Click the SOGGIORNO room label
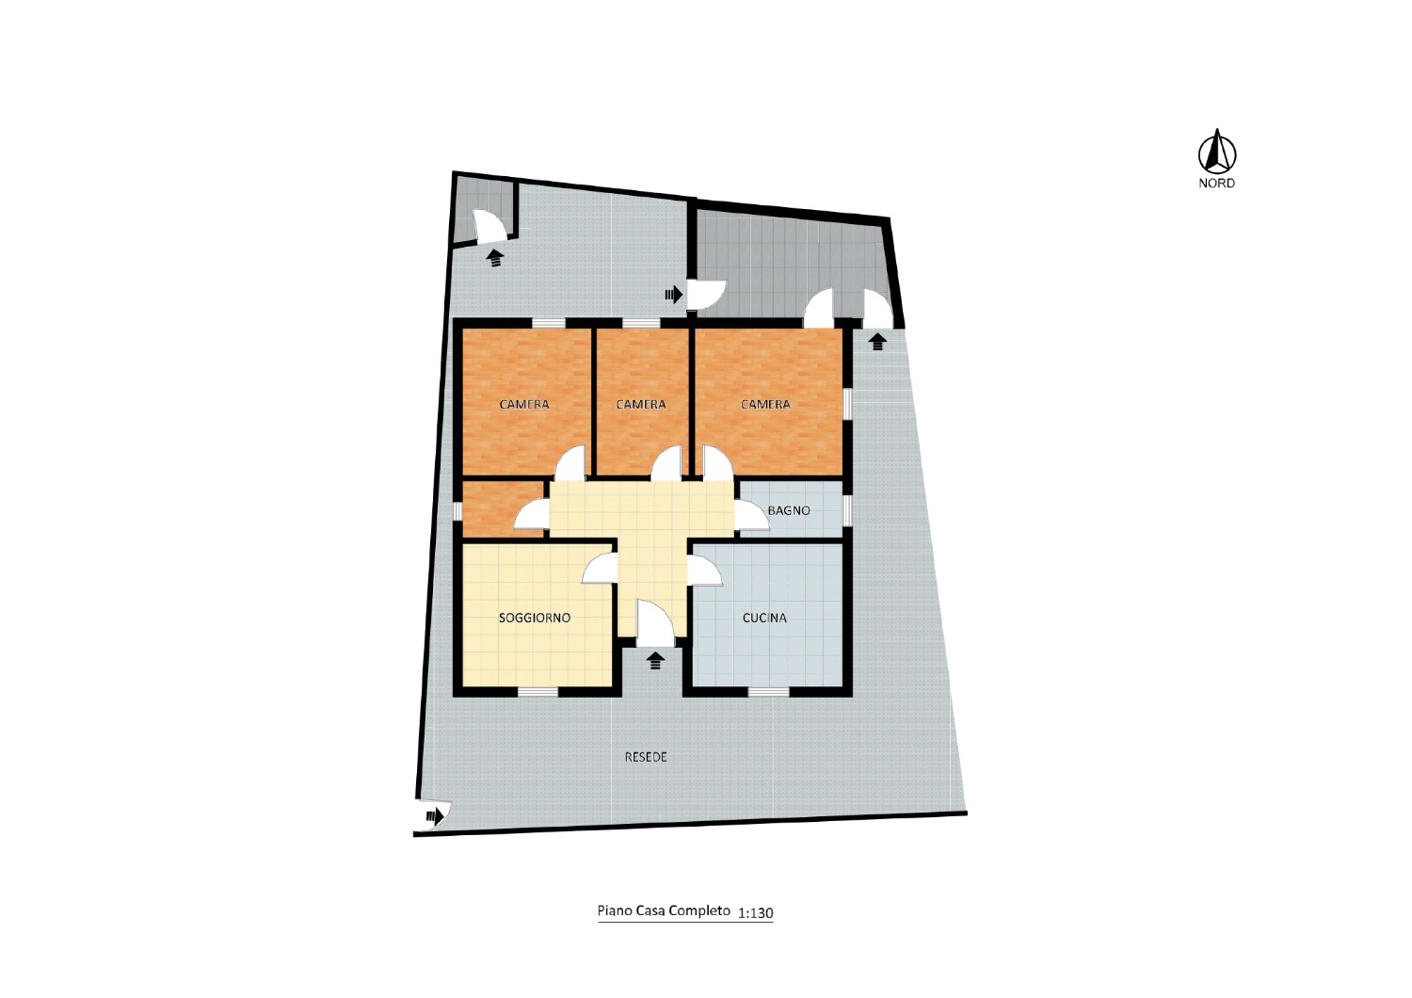[x=535, y=618]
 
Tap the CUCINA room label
[x=764, y=618]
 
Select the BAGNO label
[x=789, y=510]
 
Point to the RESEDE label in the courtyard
[x=646, y=757]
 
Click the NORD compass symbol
[x=1217, y=152]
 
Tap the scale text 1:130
[x=755, y=912]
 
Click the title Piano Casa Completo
[x=664, y=910]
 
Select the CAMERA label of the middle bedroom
[x=640, y=404]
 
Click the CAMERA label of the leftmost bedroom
[x=524, y=404]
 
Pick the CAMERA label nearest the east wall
[x=765, y=404]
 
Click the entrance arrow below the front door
[x=656, y=661]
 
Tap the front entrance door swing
[x=655, y=623]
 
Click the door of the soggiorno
[x=599, y=568]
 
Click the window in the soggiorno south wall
[x=538, y=692]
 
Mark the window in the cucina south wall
[x=768, y=692]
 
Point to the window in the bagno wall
[x=848, y=510]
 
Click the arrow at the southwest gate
[x=435, y=816]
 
